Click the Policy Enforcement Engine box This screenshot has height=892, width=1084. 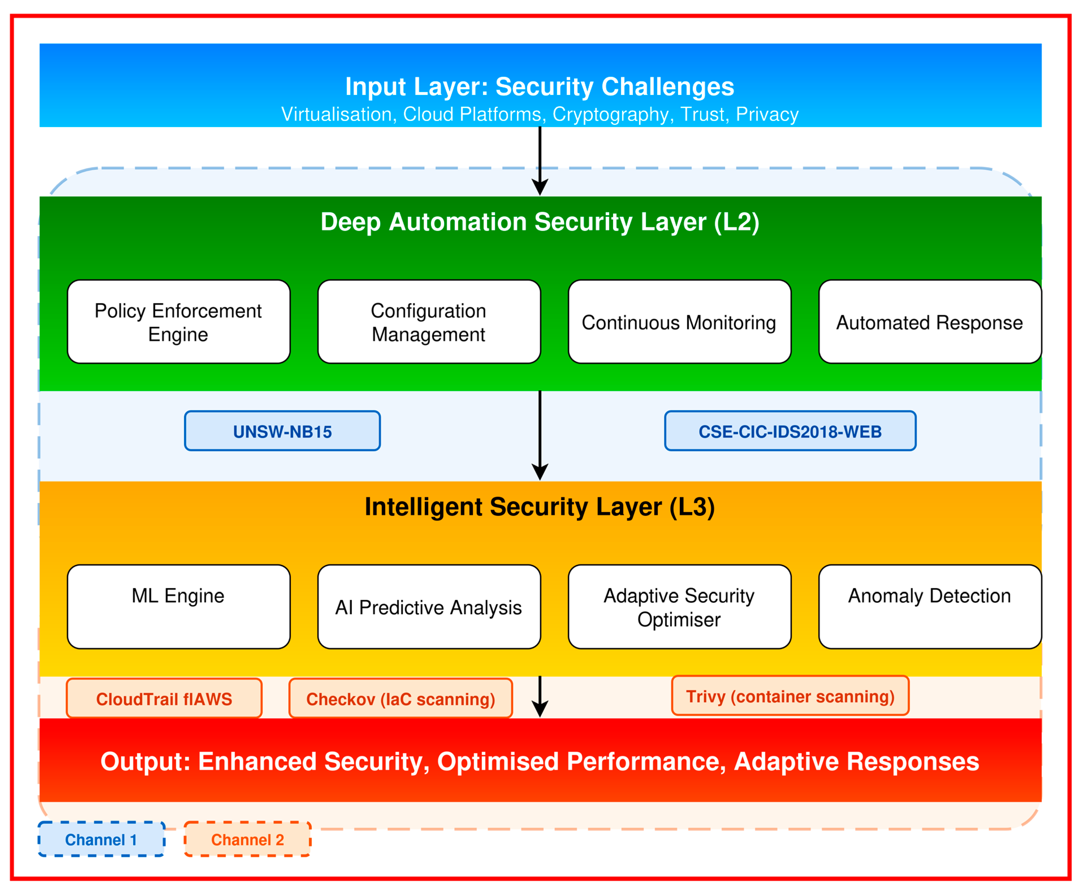pyautogui.click(x=178, y=322)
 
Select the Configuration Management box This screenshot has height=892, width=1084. pyautogui.click(x=429, y=322)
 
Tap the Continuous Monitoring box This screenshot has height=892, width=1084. pyautogui.click(x=679, y=322)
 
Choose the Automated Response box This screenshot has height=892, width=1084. pyautogui.click(x=930, y=322)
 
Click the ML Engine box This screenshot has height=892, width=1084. pyautogui.click(x=178, y=607)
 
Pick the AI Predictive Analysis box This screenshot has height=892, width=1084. pyautogui.click(x=429, y=607)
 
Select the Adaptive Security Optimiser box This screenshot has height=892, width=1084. pyautogui.click(x=679, y=607)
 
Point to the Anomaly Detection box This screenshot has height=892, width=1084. pyautogui.click(x=930, y=607)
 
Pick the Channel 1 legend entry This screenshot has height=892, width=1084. pyautogui.click(x=101, y=839)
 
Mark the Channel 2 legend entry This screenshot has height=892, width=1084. pyautogui.click(x=247, y=839)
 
